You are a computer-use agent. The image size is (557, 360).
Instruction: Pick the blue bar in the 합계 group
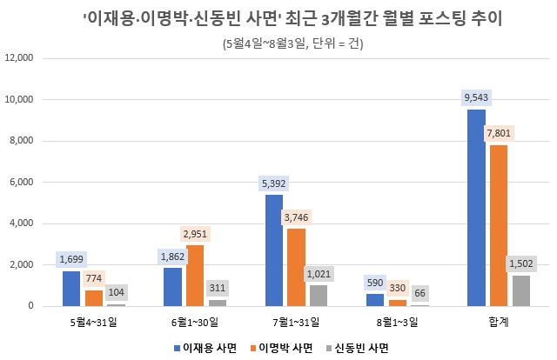(x=476, y=208)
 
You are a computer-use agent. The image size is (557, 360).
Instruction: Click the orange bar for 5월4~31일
(x=94, y=298)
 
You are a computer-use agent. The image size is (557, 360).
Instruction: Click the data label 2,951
(x=197, y=234)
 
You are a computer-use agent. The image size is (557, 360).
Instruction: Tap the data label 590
(x=375, y=282)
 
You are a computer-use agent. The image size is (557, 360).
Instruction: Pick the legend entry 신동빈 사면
(x=358, y=347)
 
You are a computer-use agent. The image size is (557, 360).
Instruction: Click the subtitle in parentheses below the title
(x=290, y=43)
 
